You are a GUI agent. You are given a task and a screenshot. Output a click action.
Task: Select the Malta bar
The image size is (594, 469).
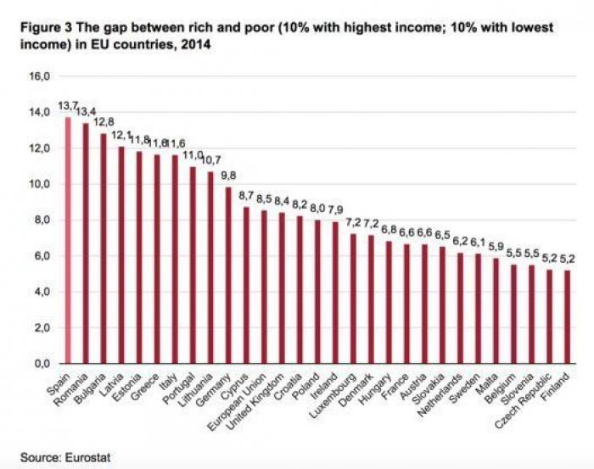point(496,310)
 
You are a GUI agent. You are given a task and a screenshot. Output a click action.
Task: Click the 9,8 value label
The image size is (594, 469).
point(227,176)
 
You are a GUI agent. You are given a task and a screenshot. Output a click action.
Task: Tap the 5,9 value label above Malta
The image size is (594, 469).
point(495,247)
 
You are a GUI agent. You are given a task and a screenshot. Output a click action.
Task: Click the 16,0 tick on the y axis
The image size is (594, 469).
point(41,76)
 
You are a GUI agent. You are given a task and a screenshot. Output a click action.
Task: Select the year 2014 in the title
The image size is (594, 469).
point(194,42)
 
